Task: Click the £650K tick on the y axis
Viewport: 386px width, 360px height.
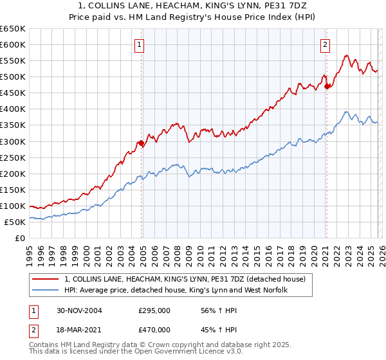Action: point(13,29)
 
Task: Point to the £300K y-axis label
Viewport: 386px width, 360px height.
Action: point(13,141)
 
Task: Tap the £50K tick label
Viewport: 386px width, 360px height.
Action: point(15,222)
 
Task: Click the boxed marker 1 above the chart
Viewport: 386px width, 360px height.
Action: point(139,44)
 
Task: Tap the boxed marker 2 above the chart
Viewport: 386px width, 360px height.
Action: point(325,44)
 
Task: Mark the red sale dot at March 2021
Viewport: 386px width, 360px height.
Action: point(327,86)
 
